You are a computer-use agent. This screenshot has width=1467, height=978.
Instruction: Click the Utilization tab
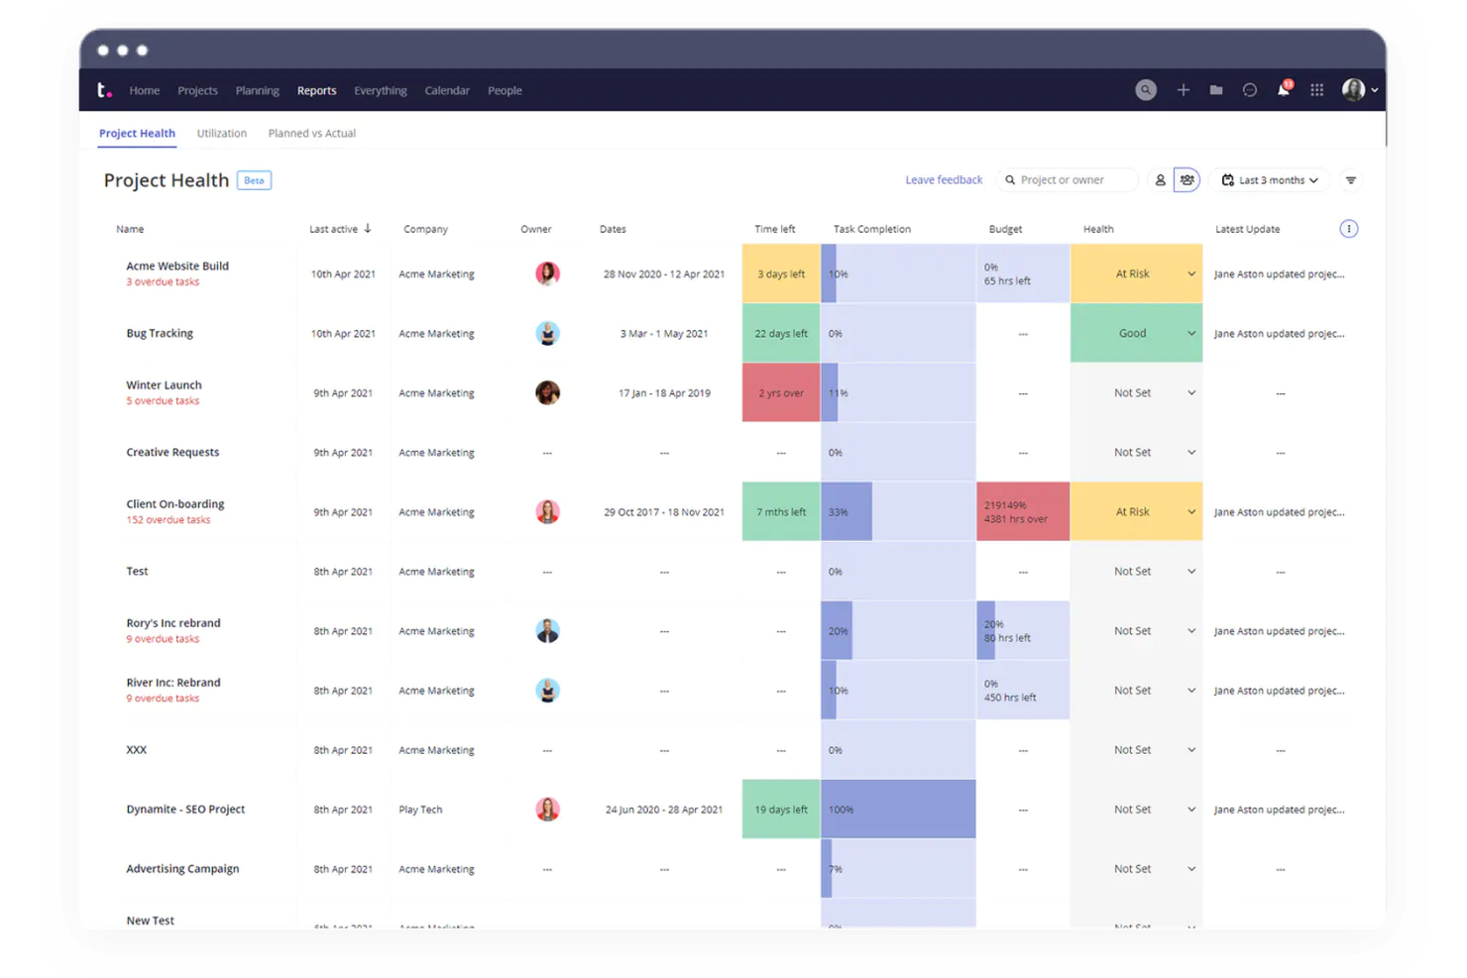(x=221, y=133)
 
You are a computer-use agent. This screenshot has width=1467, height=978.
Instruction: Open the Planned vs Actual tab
(x=311, y=133)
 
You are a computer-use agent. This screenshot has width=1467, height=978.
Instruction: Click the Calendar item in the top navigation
(x=447, y=90)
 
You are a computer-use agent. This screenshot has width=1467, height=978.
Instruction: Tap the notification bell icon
(x=1283, y=90)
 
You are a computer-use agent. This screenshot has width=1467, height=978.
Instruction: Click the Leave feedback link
(x=944, y=179)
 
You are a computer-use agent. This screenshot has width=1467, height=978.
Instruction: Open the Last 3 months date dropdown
(x=1270, y=180)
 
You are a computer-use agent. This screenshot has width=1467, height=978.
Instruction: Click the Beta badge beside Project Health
(x=254, y=180)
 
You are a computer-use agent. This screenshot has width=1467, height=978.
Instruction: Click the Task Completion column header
(x=871, y=229)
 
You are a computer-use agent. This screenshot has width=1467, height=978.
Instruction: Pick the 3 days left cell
(x=781, y=273)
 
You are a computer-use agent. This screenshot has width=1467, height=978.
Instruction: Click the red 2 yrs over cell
(x=781, y=392)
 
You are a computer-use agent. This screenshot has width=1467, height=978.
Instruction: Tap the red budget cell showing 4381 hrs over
(x=1022, y=511)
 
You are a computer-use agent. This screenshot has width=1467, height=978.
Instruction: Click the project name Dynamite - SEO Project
(x=185, y=809)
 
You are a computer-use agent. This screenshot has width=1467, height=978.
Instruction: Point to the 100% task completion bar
(x=898, y=809)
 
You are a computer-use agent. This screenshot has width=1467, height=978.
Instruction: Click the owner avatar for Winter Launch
(x=547, y=392)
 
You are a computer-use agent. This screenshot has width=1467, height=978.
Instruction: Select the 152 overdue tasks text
(x=168, y=520)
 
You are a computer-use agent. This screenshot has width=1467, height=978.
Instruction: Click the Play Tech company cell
(x=420, y=810)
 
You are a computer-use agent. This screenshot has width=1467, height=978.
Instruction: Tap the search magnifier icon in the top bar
(x=1145, y=90)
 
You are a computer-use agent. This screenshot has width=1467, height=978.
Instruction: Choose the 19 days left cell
(x=781, y=809)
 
